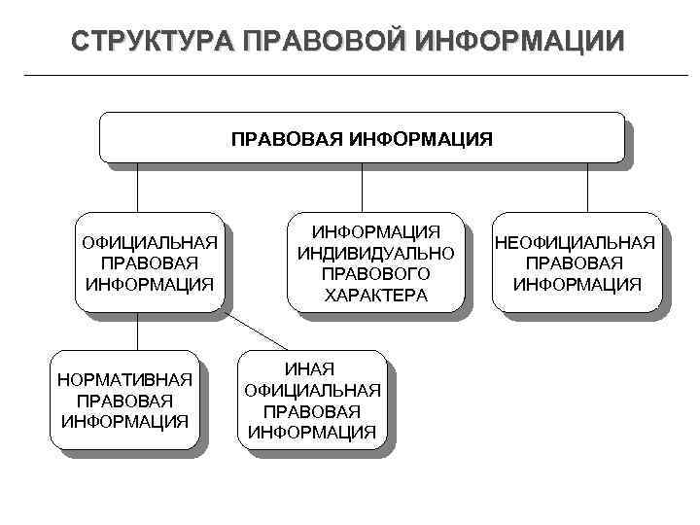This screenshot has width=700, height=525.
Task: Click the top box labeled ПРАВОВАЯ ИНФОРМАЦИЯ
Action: pyautogui.click(x=362, y=137)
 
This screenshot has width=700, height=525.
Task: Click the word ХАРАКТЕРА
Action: pyautogui.click(x=375, y=295)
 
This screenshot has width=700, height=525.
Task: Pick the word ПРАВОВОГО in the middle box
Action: pyautogui.click(x=375, y=273)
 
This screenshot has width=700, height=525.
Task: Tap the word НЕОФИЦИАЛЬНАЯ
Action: pyautogui.click(x=576, y=243)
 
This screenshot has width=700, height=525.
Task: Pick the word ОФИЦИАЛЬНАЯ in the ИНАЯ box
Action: pyautogui.click(x=312, y=391)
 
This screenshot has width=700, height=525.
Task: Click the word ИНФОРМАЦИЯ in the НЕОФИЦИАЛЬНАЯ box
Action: pyautogui.click(x=577, y=285)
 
